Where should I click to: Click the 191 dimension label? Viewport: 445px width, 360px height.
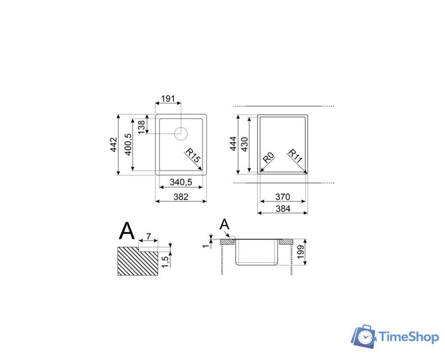[x=168, y=98]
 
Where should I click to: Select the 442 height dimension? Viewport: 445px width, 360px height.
[x=114, y=145]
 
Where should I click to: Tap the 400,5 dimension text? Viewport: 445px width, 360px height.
[x=128, y=145]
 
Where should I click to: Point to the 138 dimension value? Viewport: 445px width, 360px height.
[x=141, y=127]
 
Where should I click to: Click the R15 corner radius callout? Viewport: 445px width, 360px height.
[x=193, y=155]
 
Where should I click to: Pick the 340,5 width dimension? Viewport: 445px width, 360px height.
[x=181, y=182]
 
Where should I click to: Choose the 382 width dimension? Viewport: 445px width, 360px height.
[x=181, y=197]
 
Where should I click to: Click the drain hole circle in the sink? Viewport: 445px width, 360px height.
[x=181, y=134]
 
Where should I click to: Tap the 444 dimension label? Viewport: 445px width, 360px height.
[x=233, y=143]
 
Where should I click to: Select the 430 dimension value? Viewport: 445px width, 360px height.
[x=244, y=144]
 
